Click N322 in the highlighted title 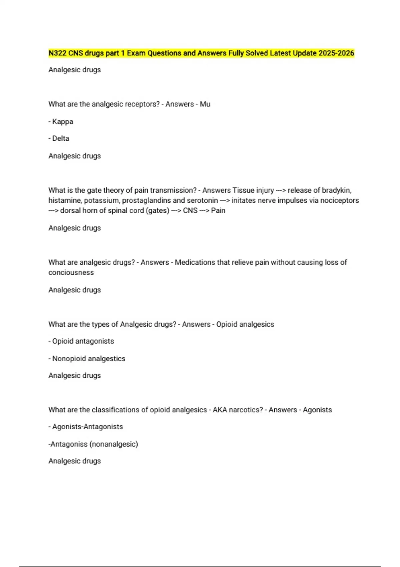57,53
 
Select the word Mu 205,104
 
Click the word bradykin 336,190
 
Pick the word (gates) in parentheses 157,211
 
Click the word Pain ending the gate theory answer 218,211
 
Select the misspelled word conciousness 71,272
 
